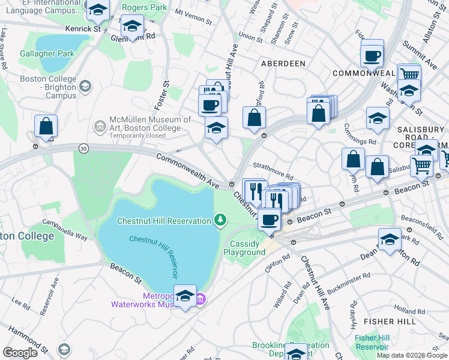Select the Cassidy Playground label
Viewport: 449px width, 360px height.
point(244,248)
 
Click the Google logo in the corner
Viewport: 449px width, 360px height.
point(20,353)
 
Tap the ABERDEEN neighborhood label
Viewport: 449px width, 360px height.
point(283,63)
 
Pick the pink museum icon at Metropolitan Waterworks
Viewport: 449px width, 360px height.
point(201,299)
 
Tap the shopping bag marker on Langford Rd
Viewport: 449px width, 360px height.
point(255,118)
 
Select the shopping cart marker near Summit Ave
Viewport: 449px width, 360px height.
point(409,74)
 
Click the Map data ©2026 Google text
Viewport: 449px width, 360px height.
point(412,355)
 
